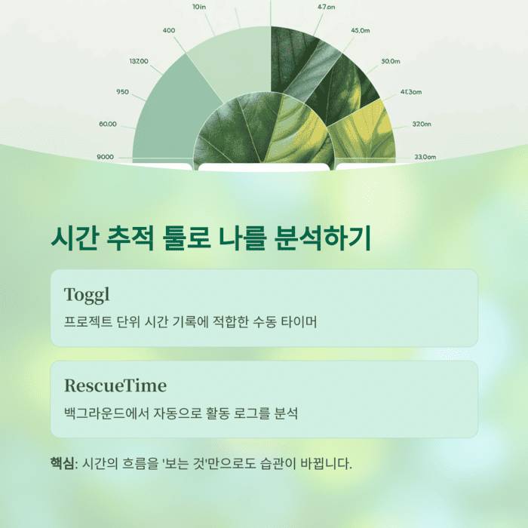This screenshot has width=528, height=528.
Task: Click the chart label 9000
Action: tap(105, 157)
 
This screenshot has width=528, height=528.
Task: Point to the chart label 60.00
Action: tap(107, 124)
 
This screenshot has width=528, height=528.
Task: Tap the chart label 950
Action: tap(122, 91)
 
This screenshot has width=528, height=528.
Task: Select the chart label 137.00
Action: tap(139, 61)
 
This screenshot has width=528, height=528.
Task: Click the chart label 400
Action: tap(169, 30)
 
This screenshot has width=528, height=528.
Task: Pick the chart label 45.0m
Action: tap(360, 30)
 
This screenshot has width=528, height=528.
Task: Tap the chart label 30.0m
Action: tap(390, 60)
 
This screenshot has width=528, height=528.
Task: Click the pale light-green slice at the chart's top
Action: tap(230, 60)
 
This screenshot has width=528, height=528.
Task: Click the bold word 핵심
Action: tap(63, 462)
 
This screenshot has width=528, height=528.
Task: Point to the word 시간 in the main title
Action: tap(73, 238)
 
